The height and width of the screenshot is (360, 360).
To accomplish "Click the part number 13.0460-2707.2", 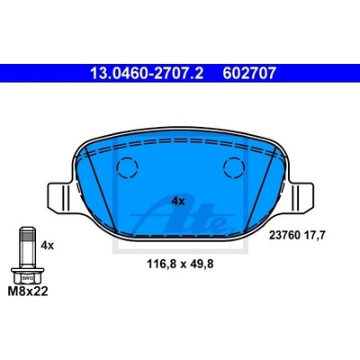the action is [x=147, y=73].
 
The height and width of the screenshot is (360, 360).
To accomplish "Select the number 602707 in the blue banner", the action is [x=249, y=73].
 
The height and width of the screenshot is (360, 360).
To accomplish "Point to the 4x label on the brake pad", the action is [x=178, y=202].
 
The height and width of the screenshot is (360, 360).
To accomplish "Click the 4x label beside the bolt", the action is [x=47, y=246].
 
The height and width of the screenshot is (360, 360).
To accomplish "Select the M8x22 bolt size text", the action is [x=28, y=292].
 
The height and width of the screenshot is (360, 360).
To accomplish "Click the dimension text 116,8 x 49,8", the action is [x=180, y=264].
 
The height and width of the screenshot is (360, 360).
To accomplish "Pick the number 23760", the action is [x=284, y=236].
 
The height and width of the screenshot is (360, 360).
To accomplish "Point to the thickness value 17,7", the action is [x=314, y=236].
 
